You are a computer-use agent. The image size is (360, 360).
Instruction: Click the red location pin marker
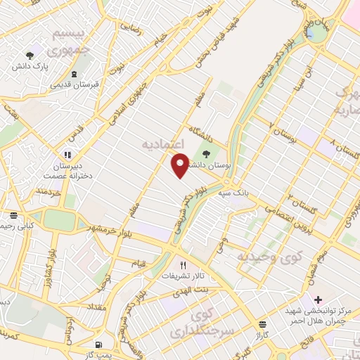pos(181,165)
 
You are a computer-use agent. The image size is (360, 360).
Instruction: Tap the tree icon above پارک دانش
pos(30,54)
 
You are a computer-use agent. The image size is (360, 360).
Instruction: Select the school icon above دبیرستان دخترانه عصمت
pos(67,155)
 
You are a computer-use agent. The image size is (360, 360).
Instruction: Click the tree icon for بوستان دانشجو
pos(206,152)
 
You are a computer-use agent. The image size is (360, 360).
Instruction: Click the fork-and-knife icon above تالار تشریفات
pos(184,265)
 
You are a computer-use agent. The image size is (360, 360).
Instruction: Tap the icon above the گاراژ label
pos(262,324)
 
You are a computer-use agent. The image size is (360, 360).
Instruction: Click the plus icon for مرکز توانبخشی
pos(317,300)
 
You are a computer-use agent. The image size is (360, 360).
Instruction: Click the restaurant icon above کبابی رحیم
pos(13,215)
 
